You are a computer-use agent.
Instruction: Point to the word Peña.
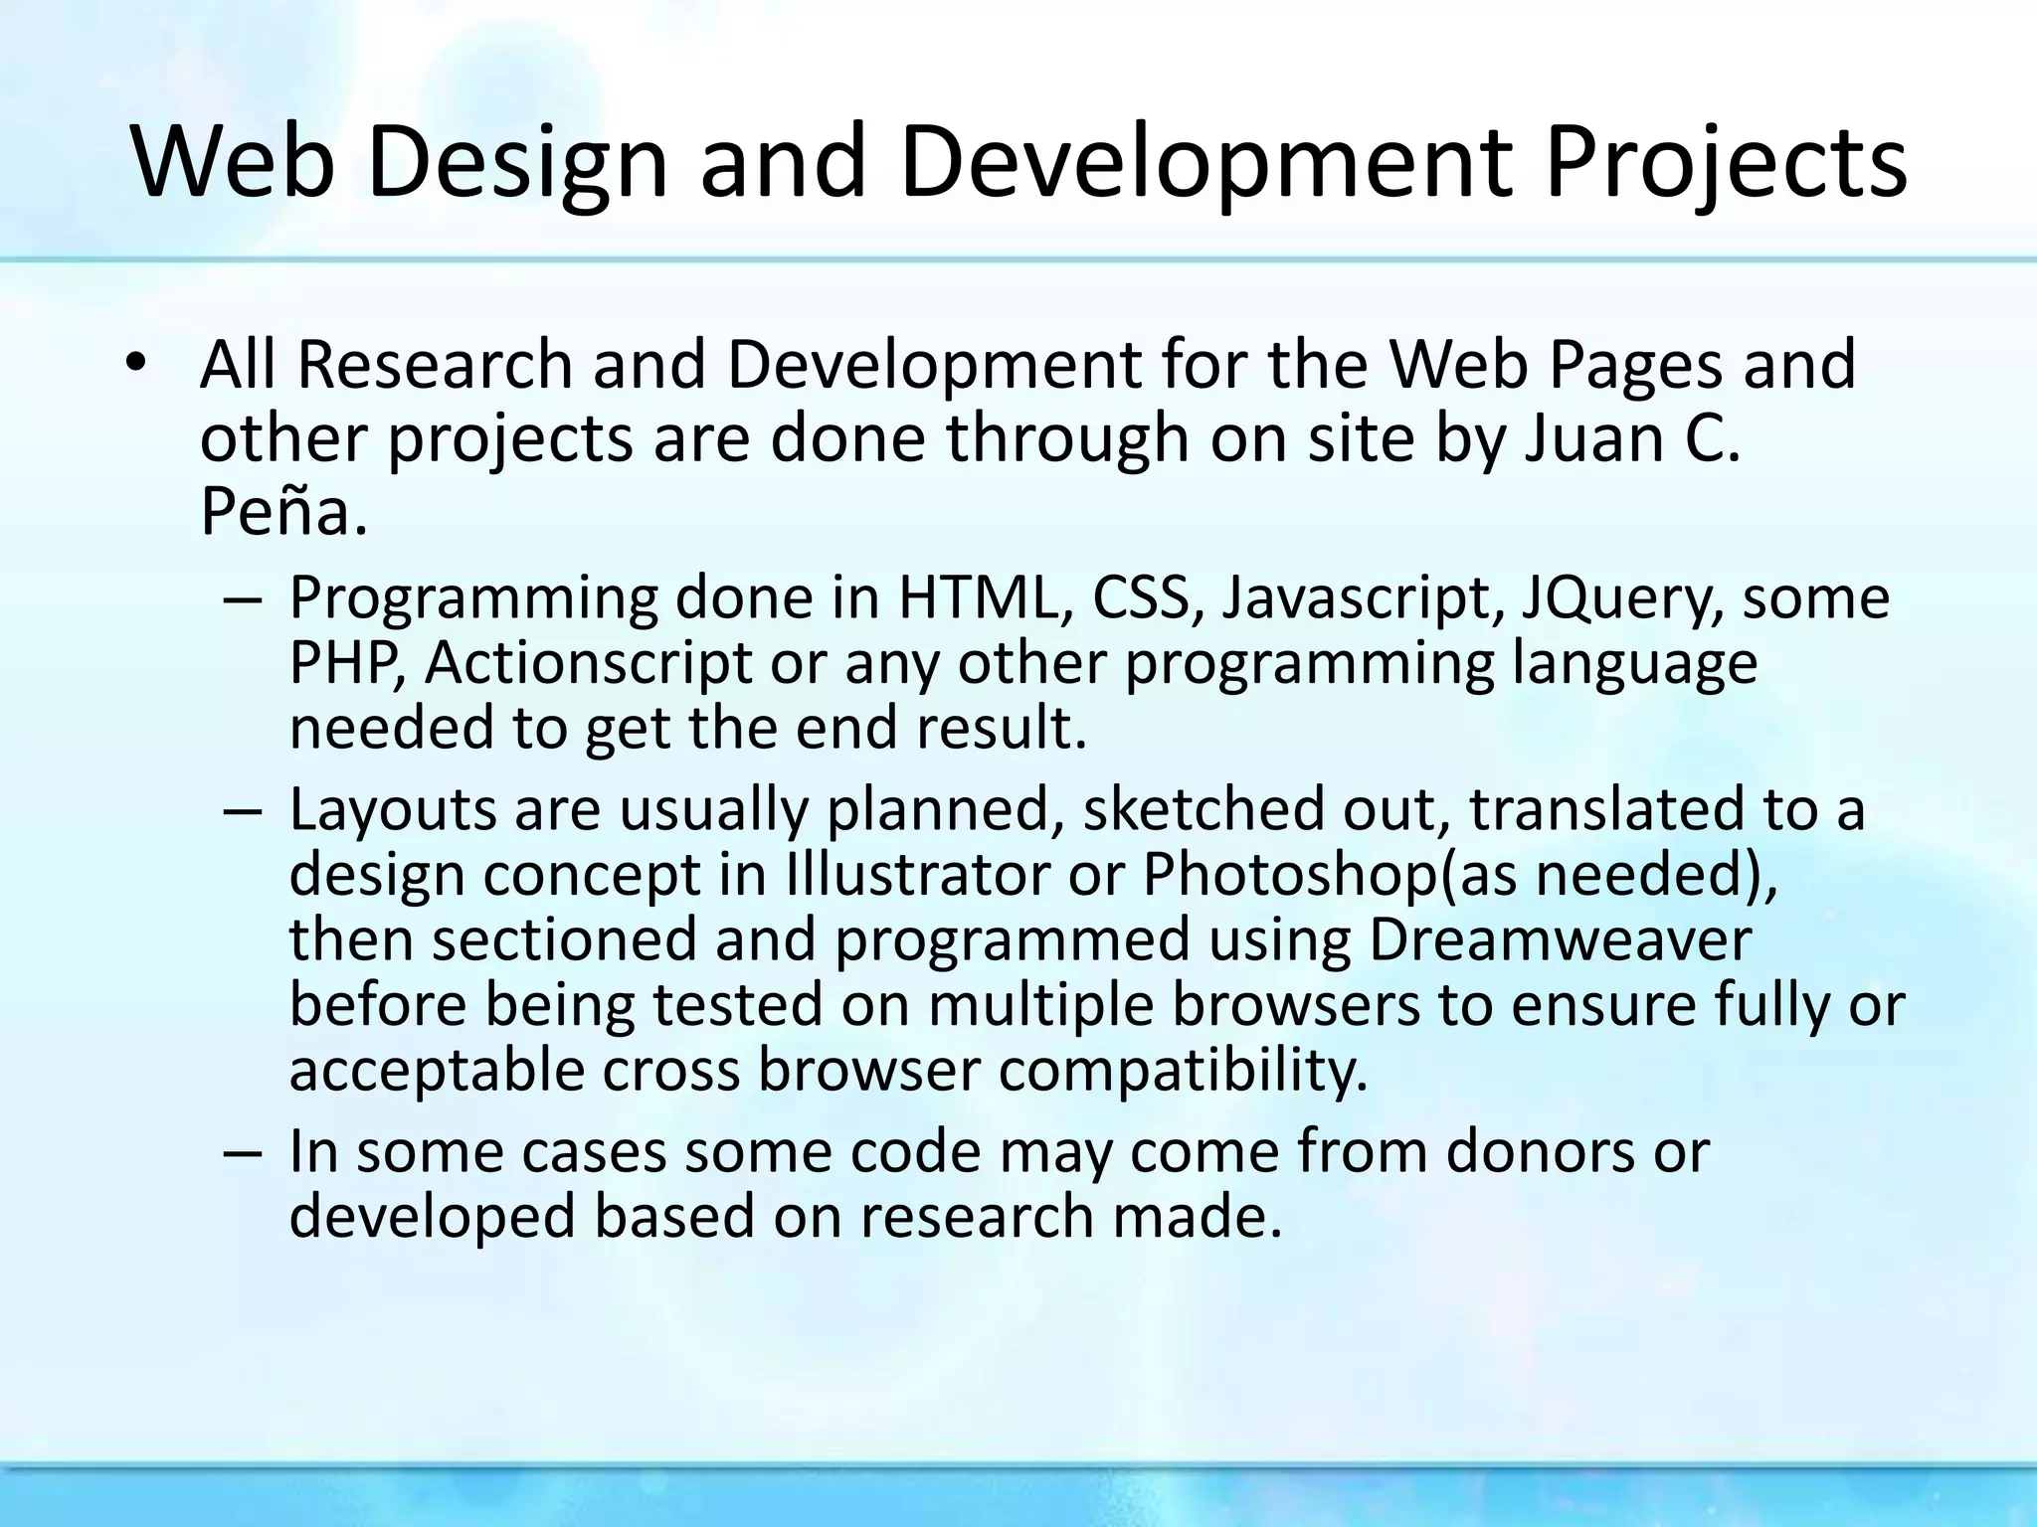coord(283,512)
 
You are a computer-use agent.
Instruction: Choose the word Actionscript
coord(589,663)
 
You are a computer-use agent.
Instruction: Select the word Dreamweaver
coord(1559,939)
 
